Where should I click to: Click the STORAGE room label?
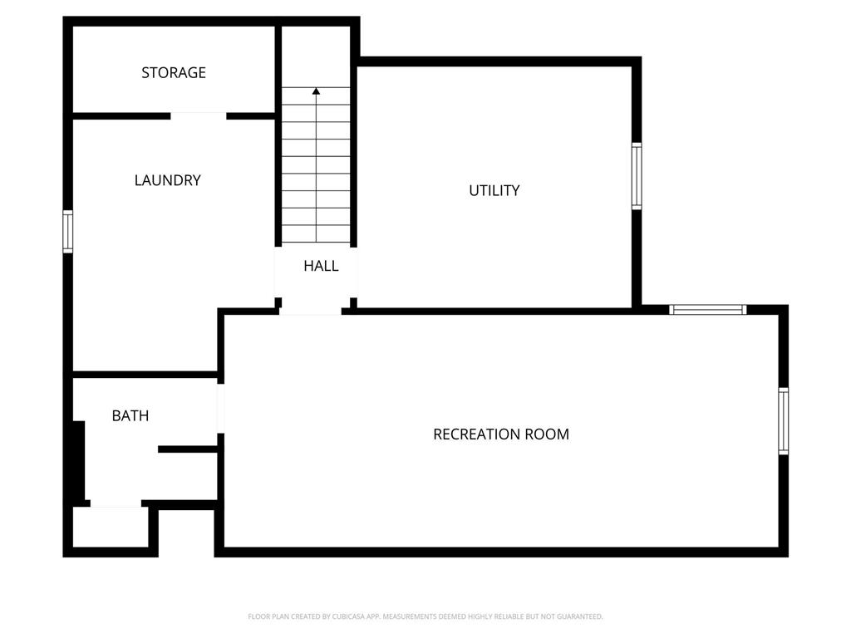click(174, 73)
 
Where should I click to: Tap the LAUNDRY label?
click(168, 180)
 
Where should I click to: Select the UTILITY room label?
click(494, 190)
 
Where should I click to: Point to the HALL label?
click(321, 266)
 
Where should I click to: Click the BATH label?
click(130, 415)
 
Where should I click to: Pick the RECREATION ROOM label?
click(501, 434)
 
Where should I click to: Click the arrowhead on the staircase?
click(316, 91)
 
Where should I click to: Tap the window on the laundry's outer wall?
click(68, 232)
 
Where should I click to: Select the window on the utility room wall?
click(637, 176)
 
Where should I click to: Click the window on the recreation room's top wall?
click(708, 310)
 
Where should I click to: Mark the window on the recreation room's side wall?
click(783, 421)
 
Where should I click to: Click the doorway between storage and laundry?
click(198, 116)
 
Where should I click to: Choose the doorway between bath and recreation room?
click(220, 408)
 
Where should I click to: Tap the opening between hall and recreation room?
click(311, 312)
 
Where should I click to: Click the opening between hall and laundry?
click(278, 272)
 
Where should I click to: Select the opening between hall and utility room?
click(353, 272)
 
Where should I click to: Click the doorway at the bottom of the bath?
click(116, 504)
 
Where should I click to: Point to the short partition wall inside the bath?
click(188, 449)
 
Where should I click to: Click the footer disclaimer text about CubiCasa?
click(425, 616)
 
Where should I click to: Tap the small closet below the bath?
click(111, 527)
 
